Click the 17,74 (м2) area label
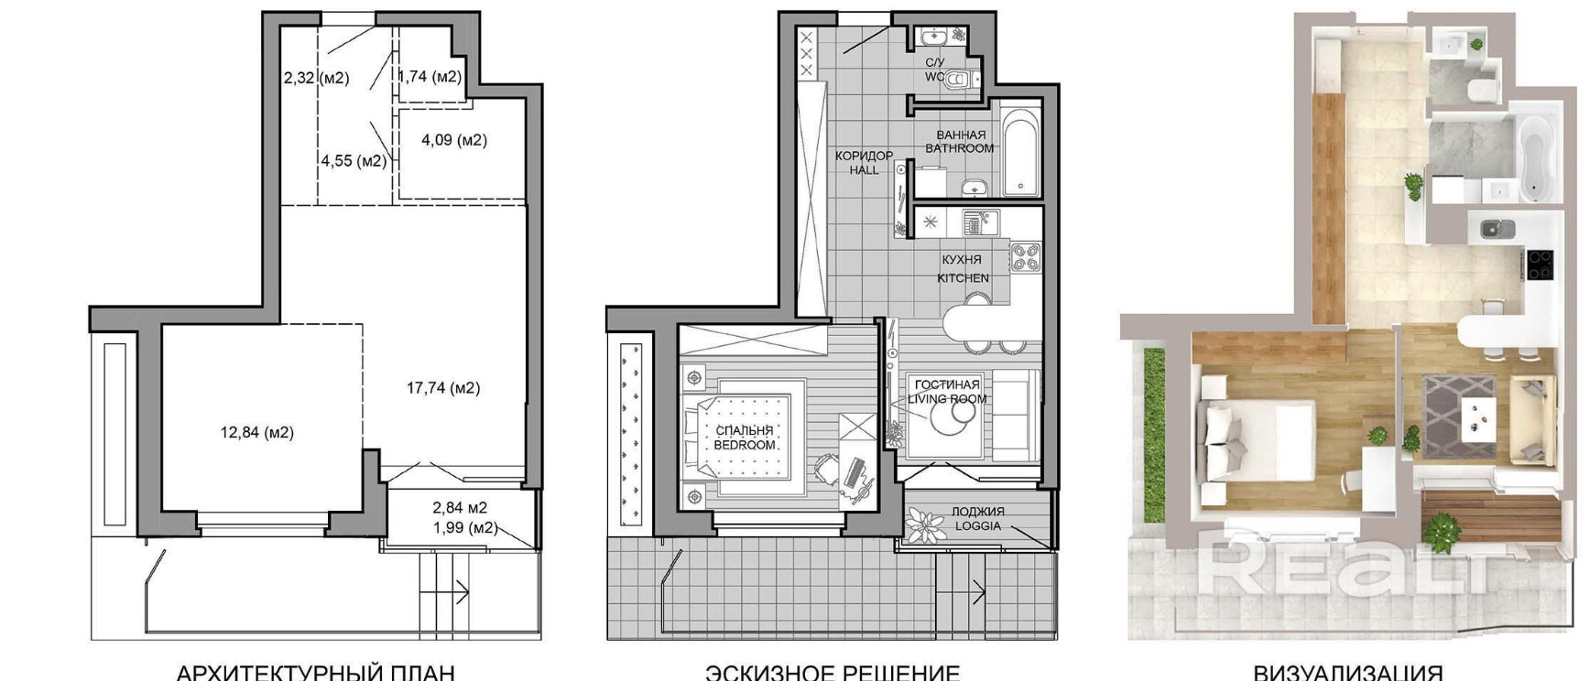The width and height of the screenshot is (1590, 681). click(x=443, y=388)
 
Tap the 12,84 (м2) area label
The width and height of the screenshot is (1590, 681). click(x=256, y=432)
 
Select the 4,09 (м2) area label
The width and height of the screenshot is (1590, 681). click(x=453, y=140)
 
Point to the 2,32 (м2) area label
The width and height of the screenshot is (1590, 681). click(x=316, y=78)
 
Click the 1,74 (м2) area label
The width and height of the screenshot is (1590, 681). click(x=430, y=77)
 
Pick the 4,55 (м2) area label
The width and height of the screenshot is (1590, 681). click(x=354, y=161)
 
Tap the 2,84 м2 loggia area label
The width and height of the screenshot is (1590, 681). click(x=460, y=507)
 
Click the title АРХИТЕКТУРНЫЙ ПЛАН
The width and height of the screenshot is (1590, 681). click(x=315, y=672)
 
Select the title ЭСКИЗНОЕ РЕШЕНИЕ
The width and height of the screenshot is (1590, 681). click(x=832, y=672)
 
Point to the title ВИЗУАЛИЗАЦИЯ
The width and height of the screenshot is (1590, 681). click(x=1347, y=672)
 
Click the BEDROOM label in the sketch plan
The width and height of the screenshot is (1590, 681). click(x=745, y=445)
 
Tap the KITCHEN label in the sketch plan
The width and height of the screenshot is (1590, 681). click(x=963, y=277)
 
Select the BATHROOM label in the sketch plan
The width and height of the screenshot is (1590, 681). click(x=959, y=148)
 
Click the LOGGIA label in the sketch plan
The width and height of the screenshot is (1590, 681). click(x=978, y=526)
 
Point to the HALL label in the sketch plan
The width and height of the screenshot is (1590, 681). click(x=864, y=170)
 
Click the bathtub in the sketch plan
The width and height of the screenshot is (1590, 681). click(x=1021, y=153)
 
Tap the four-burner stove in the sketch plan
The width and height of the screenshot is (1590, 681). click(x=1026, y=256)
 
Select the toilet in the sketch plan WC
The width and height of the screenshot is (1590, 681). click(x=956, y=79)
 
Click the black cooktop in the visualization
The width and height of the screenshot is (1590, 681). click(x=1539, y=265)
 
